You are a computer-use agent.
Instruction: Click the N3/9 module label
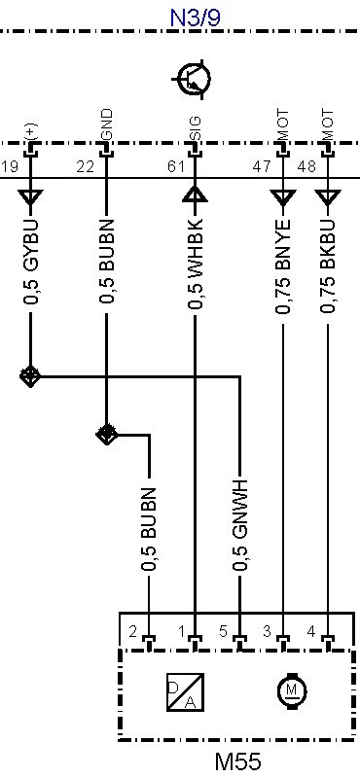[196, 18]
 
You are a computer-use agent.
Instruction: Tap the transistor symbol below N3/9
[193, 79]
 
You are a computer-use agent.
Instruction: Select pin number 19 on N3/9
[9, 166]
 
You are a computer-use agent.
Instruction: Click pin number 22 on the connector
[85, 166]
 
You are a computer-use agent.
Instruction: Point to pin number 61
[176, 166]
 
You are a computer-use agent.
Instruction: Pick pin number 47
[261, 166]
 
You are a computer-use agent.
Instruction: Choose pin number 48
[306, 166]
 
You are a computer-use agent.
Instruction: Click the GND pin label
[107, 124]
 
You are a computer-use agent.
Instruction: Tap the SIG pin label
[195, 128]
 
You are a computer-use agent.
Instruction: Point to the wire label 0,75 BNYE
[282, 265]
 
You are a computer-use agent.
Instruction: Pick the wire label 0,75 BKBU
[327, 265]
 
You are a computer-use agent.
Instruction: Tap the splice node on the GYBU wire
[30, 376]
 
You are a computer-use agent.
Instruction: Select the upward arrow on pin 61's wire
[196, 194]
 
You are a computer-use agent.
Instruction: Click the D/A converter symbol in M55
[185, 691]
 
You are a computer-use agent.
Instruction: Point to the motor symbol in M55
[292, 690]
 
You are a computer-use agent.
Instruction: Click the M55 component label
[237, 761]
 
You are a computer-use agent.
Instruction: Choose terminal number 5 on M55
[224, 631]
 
